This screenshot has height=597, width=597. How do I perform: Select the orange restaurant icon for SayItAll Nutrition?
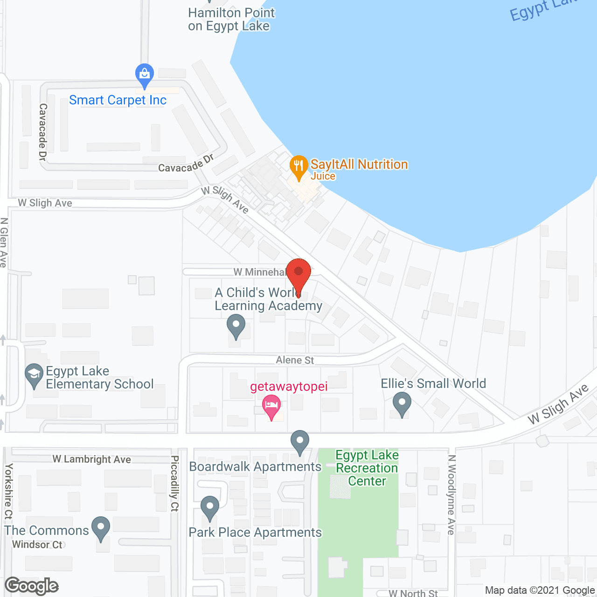coord(298,166)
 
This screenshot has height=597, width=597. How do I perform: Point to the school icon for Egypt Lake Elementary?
coord(34,375)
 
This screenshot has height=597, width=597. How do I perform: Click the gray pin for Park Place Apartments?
coord(210,507)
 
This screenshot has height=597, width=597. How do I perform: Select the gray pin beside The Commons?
coord(101,528)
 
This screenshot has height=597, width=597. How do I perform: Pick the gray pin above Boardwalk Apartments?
coord(299,441)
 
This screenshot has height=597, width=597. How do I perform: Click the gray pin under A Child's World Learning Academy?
coord(236,325)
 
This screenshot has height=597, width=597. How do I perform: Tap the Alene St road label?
coord(295,360)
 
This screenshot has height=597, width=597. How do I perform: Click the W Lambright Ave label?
coord(91,459)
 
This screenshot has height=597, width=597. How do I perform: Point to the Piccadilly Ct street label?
coord(174,483)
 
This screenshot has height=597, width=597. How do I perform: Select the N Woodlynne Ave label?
coord(451,494)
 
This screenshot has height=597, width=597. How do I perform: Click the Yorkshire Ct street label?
coord(8,492)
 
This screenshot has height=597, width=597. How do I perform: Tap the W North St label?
coord(413,593)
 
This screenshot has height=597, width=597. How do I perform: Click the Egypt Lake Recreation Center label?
coord(367,468)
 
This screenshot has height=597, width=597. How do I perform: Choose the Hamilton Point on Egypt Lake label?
coord(231,20)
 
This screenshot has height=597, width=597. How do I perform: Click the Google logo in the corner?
coord(32,586)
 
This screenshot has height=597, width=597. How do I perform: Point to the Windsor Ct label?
coord(37,545)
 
